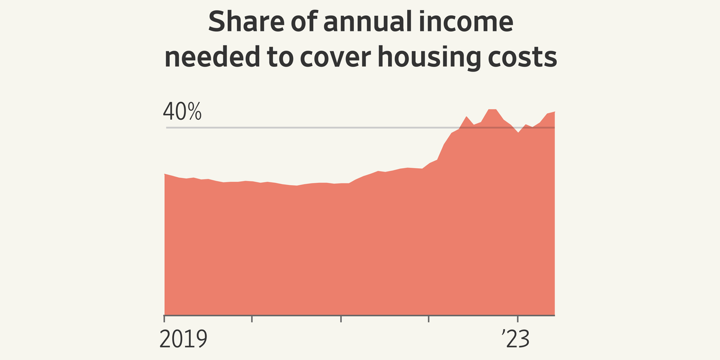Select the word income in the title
[474, 22]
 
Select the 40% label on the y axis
[182, 112]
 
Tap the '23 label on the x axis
[515, 340]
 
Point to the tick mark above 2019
[164, 318]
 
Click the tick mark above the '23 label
[517, 318]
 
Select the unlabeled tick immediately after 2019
[252, 318]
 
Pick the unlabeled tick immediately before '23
[429, 318]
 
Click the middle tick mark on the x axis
[341, 318]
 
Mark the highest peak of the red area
[492, 109]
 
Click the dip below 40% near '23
[518, 133]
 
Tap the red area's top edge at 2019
[165, 174]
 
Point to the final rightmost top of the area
[554, 112]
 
